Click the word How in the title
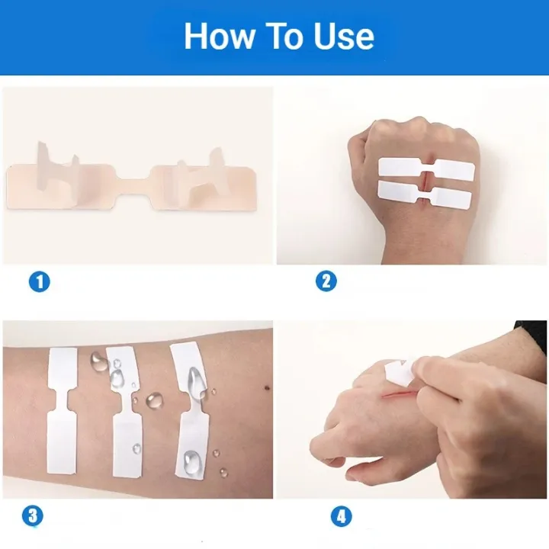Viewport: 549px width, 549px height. coord(218,36)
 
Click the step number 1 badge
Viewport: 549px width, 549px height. coord(39,281)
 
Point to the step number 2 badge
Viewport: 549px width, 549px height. coord(326,281)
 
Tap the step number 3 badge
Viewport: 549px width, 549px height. coord(32,516)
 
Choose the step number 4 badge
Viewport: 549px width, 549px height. coord(341,516)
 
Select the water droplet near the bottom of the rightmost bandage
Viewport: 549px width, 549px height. coord(191,459)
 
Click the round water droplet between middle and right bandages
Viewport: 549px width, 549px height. coord(155,399)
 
